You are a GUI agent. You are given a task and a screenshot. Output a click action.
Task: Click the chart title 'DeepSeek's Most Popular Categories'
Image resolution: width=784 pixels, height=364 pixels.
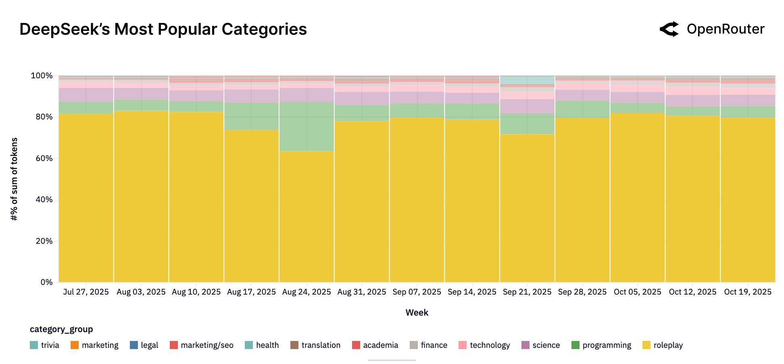tap(163, 29)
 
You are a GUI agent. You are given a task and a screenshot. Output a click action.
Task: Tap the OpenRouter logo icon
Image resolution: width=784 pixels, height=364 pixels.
tap(669, 29)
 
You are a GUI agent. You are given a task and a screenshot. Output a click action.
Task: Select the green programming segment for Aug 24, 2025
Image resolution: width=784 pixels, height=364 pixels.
tap(307, 126)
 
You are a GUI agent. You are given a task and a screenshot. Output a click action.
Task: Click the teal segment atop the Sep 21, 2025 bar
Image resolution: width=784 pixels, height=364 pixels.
tap(527, 80)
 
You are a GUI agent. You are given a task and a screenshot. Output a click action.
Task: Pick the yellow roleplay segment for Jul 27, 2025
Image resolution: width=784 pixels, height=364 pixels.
tap(86, 198)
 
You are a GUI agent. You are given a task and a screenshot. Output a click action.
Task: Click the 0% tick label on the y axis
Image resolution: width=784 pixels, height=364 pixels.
tap(46, 282)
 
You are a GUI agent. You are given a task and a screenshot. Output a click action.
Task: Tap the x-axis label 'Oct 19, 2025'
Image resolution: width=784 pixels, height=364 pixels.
tap(748, 292)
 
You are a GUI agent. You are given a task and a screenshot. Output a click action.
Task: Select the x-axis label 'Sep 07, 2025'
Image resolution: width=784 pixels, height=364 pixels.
tap(417, 292)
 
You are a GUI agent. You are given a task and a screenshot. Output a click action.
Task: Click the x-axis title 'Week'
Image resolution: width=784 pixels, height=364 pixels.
tap(417, 312)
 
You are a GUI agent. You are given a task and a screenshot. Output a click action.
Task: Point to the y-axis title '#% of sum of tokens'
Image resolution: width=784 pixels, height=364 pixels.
tap(15, 179)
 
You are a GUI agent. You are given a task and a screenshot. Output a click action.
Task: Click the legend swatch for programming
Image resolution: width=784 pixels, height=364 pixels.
tap(575, 345)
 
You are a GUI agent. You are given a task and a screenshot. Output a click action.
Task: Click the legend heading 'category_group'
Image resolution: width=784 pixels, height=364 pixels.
tap(61, 329)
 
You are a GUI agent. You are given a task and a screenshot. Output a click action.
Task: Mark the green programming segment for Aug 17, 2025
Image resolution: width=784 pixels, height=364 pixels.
tap(251, 116)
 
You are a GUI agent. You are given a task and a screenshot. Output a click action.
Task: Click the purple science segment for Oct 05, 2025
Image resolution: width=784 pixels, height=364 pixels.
tap(637, 97)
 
